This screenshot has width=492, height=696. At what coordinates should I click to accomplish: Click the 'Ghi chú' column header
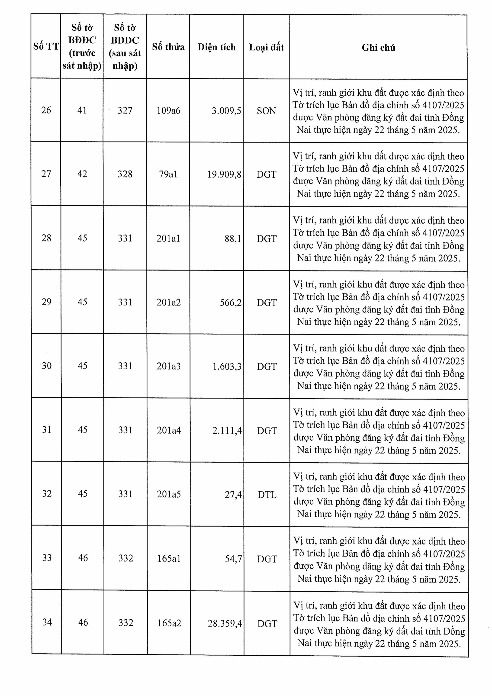coord(378,48)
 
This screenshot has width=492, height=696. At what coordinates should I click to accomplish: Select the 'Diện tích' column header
coord(216,47)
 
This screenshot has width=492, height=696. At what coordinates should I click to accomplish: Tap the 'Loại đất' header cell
coord(267,47)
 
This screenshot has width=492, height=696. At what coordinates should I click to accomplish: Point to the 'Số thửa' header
coord(168,47)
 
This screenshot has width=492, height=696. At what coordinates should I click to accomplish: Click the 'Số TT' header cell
coord(46,46)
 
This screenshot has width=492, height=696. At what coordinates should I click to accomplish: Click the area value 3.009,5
coord(226,111)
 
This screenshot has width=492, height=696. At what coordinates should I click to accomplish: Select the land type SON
coord(267,111)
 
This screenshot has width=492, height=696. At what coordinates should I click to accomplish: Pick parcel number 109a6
coord(168,111)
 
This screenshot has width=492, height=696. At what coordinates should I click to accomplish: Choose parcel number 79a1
coord(168,174)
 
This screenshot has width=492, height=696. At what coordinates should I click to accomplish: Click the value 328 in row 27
coord(125,174)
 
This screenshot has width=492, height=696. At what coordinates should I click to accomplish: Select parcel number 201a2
coord(169,303)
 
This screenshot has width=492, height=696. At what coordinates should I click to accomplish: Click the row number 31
coord(47,430)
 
